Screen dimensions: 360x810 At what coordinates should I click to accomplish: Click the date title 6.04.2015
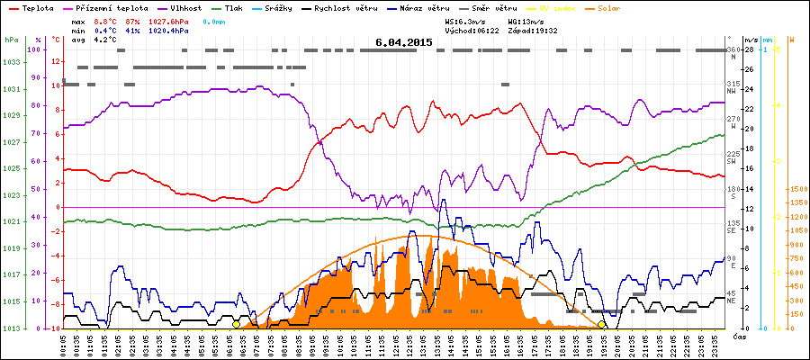click(x=404, y=42)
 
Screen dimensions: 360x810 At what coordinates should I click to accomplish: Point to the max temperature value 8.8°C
click(x=105, y=20)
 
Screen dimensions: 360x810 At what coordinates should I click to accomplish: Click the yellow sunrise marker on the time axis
click(x=237, y=324)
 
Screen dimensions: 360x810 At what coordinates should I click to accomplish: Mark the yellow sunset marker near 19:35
click(x=601, y=324)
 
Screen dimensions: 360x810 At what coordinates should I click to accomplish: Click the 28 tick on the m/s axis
click(x=751, y=49)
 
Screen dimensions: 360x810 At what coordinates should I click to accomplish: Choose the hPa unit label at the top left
click(x=10, y=40)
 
